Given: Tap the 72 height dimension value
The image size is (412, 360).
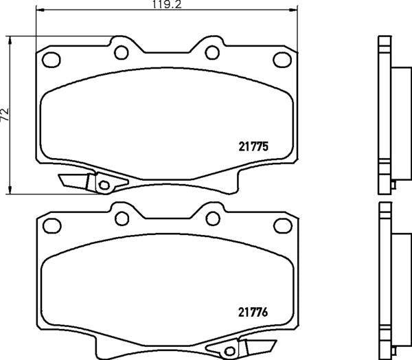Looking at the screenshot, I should pyautogui.click(x=5, y=115).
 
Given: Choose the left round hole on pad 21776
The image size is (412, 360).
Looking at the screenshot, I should pyautogui.click(x=122, y=218).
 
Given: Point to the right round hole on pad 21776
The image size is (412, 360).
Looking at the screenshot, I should pyautogui.click(x=211, y=218).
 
